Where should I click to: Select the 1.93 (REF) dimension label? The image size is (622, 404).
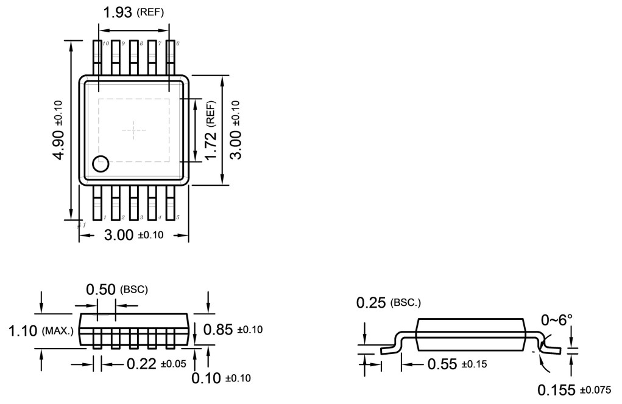(133, 12)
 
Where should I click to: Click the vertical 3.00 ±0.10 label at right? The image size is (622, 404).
(235, 130)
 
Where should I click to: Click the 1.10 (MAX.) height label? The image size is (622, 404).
(41, 331)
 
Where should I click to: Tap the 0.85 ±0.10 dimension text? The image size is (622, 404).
(232, 330)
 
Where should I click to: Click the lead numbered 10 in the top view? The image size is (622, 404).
(97, 58)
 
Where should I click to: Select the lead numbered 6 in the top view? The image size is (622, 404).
(170, 58)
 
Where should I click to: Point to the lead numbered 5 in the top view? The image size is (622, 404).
(170, 204)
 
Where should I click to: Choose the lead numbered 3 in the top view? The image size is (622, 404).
(133, 204)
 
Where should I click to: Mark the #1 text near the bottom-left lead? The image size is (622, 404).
(81, 225)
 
